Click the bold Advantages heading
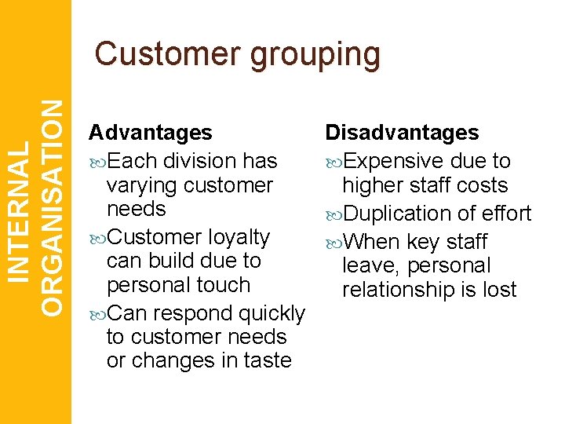[150, 133]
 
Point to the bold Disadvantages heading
[402, 133]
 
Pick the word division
[196, 161]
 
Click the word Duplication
[399, 214]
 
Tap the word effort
[505, 214]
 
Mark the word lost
[501, 290]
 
